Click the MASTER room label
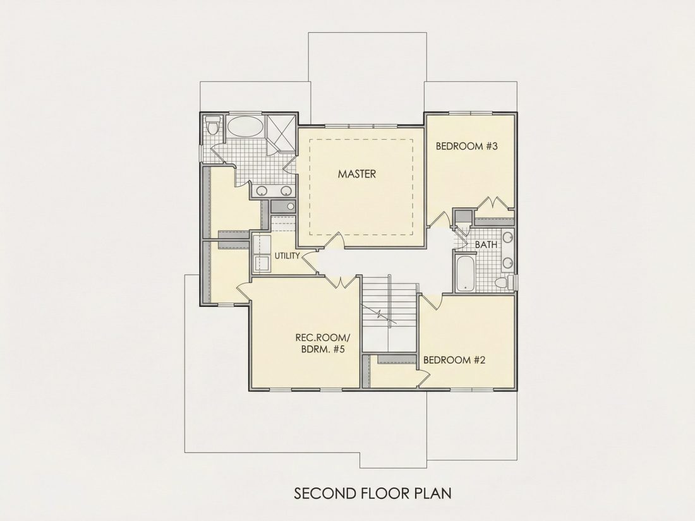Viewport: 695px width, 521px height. (357, 174)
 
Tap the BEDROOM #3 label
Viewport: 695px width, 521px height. (467, 147)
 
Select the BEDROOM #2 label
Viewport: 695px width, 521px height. (454, 360)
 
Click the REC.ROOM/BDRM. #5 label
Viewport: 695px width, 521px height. (320, 344)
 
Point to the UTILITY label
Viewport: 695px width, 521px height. (287, 256)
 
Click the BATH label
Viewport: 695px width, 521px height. (486, 244)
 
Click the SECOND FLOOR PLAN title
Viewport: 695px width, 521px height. (373, 493)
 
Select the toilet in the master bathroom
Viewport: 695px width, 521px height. (213, 125)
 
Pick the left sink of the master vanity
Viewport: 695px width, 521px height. (262, 191)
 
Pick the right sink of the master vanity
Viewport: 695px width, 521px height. (286, 191)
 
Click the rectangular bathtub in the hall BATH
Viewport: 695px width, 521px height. (465, 272)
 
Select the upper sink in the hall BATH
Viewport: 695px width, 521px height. (508, 237)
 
